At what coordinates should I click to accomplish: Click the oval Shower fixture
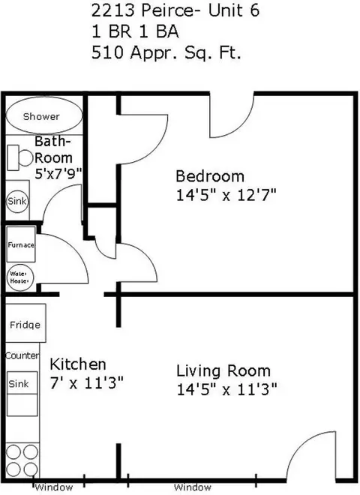click(x=44, y=115)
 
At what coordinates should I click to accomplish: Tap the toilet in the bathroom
click(x=19, y=157)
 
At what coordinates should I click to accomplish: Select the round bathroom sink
click(x=17, y=201)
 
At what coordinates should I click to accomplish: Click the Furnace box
click(x=21, y=244)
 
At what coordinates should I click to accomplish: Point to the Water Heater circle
click(x=20, y=277)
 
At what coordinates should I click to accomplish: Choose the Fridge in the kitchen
click(x=25, y=323)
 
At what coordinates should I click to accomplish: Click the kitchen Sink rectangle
click(x=22, y=383)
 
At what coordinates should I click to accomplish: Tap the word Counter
click(x=22, y=355)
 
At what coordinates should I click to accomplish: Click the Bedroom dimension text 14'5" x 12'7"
click(x=226, y=195)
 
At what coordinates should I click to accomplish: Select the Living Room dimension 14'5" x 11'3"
click(x=226, y=389)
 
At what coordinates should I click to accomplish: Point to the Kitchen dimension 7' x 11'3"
click(x=86, y=383)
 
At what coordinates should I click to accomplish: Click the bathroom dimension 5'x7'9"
click(x=58, y=173)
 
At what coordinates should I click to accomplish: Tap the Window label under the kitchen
click(x=54, y=487)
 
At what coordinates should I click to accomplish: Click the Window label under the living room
click(x=192, y=487)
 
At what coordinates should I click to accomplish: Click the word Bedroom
click(x=210, y=176)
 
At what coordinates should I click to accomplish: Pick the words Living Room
click(x=223, y=370)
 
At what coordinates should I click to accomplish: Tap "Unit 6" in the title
click(x=234, y=10)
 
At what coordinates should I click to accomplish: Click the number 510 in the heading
click(x=107, y=52)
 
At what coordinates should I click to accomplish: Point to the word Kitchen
click(x=78, y=364)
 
